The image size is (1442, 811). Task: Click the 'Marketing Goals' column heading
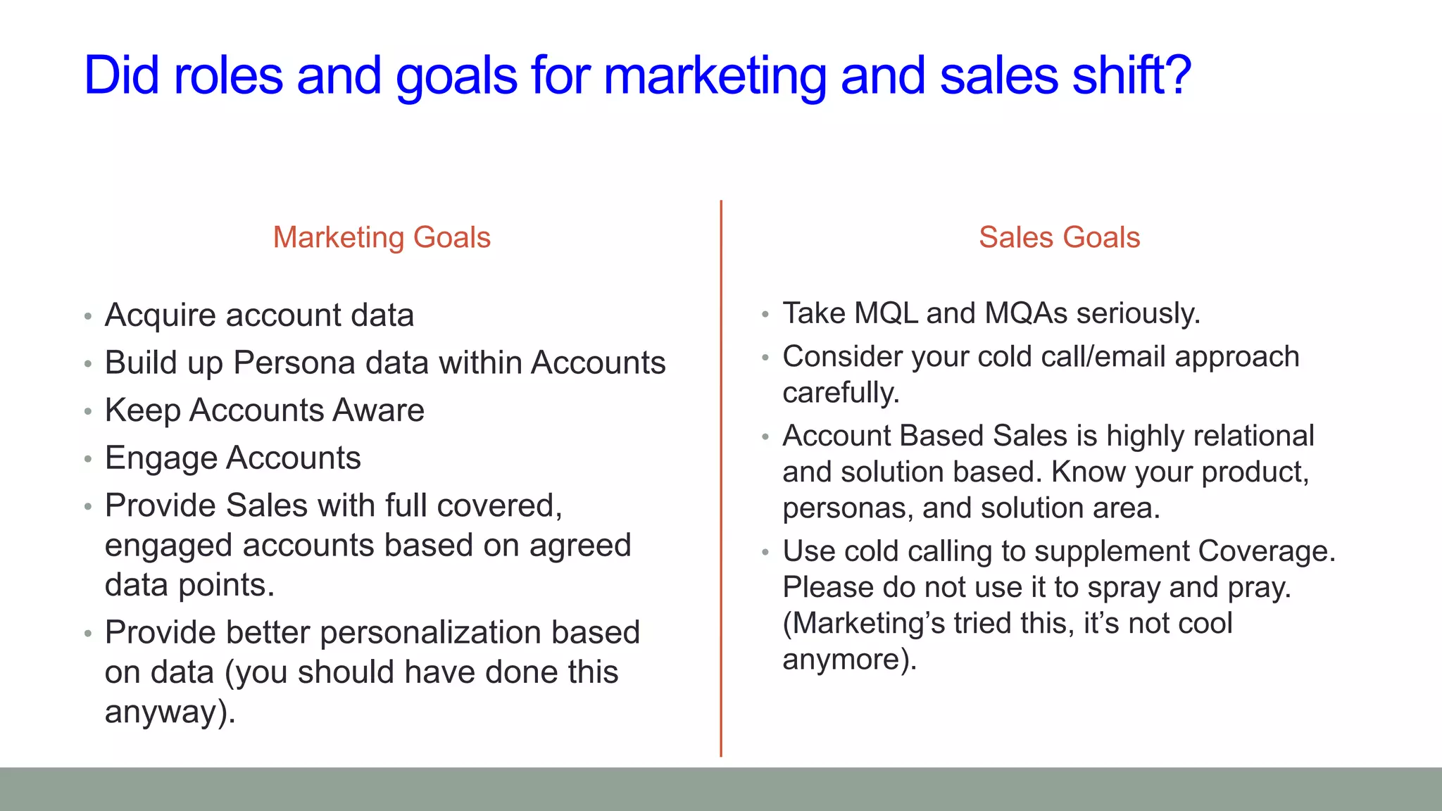[382, 237]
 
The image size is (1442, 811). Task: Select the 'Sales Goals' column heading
[1059, 237]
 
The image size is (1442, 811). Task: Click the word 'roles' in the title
[228, 75]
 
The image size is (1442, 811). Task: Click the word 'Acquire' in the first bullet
[160, 315]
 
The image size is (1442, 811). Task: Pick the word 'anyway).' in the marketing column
[170, 712]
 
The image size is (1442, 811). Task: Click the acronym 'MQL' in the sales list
[886, 313]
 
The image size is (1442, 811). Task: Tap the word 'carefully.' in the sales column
[841, 393]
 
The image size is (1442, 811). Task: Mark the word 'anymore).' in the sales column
[849, 660]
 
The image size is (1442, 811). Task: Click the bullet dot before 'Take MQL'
[765, 315]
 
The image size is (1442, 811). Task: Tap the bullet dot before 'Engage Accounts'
[87, 460]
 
